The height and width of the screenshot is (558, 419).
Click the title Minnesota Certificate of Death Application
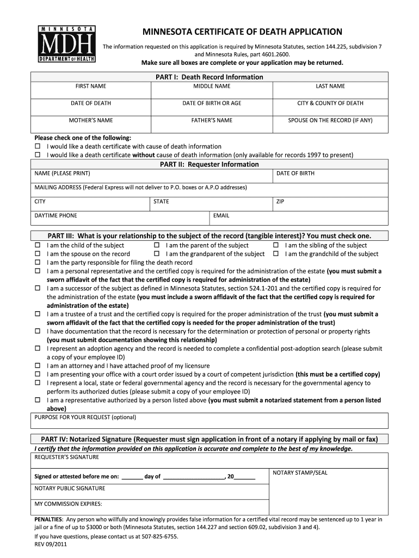[242, 32]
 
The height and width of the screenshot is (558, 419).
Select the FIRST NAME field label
[91, 86]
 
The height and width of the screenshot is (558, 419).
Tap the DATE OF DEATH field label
[91, 103]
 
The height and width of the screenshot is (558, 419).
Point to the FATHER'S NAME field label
[212, 120]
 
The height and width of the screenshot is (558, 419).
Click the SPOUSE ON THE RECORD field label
[330, 120]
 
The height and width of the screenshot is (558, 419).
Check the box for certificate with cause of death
[38, 147]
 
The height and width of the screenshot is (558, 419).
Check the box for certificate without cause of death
[38, 155]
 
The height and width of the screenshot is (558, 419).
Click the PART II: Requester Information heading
[209, 164]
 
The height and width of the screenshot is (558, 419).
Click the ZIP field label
[280, 202]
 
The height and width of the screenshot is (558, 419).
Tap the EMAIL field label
[221, 216]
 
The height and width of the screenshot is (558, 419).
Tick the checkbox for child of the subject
[38, 246]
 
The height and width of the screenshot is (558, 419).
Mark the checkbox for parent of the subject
[157, 246]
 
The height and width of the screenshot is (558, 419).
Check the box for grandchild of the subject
[276, 254]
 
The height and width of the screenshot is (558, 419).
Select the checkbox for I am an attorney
[38, 366]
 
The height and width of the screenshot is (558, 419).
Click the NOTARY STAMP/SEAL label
[300, 473]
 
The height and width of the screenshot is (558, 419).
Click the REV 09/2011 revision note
[51, 544]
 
